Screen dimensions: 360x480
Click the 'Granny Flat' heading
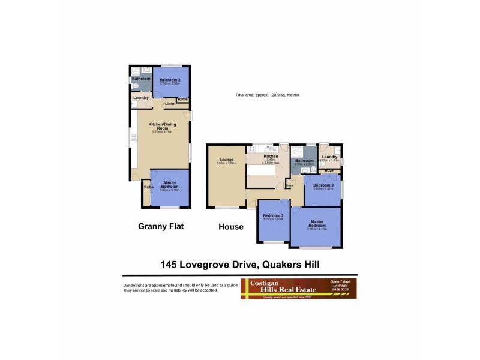[x=160, y=226]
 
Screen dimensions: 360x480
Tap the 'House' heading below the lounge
[x=231, y=227]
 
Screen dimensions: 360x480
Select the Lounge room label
[x=226, y=160]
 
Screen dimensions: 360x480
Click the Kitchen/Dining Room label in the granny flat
[x=160, y=126]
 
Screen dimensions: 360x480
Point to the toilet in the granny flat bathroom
[x=135, y=86]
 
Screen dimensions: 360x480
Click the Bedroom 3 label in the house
[x=323, y=186]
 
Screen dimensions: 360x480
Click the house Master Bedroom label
[x=316, y=225]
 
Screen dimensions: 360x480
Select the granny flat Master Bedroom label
[x=169, y=184]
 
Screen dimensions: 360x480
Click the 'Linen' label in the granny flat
[x=170, y=104]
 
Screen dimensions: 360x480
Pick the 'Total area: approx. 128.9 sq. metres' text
[x=267, y=95]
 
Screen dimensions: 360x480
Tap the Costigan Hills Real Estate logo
[x=298, y=288]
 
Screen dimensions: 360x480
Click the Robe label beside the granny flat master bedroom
[x=149, y=187]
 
